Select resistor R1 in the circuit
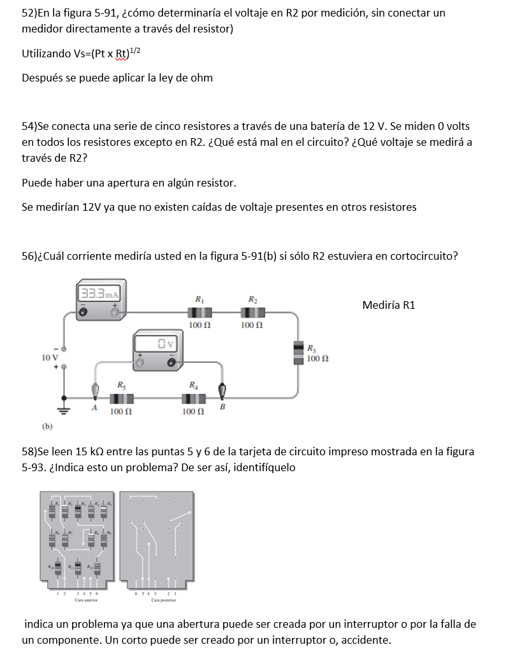point(200,312)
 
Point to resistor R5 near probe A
point(120,399)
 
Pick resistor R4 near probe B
point(193,399)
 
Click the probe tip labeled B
point(222,390)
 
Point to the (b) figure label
point(48,426)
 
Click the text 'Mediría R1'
point(388,305)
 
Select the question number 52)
point(30,13)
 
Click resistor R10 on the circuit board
point(57,567)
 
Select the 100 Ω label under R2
point(251,325)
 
